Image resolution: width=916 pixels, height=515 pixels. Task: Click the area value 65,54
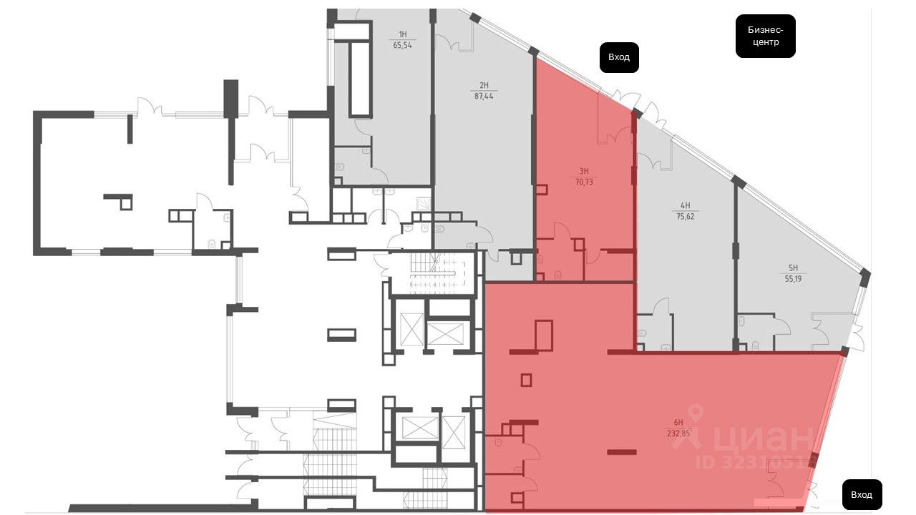tap(403, 44)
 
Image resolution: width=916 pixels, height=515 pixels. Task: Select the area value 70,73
tap(584, 182)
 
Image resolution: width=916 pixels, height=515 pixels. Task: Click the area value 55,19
tap(793, 280)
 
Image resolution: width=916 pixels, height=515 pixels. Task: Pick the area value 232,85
tap(678, 432)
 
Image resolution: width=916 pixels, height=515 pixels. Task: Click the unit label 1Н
tap(403, 34)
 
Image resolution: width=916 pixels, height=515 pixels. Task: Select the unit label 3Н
tap(584, 171)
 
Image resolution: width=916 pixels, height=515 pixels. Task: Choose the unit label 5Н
tap(793, 270)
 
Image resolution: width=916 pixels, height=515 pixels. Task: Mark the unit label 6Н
tap(678, 422)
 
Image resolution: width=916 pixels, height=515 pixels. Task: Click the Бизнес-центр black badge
tap(765, 36)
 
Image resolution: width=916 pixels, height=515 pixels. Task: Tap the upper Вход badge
tap(619, 57)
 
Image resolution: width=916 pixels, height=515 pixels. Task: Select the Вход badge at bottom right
tap(862, 494)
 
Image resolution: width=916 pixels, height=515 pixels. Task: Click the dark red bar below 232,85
tap(621, 451)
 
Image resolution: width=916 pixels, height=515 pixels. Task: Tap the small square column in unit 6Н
tap(527, 380)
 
